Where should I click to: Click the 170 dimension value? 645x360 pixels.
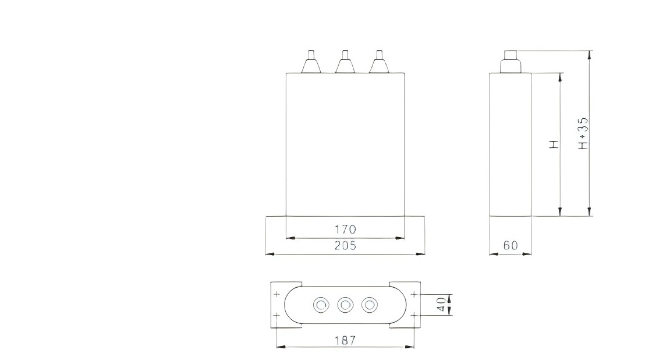pos(345,230)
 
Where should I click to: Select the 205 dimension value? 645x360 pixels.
pos(345,246)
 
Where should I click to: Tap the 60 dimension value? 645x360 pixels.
pos(510,246)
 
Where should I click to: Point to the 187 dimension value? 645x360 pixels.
pos(345,340)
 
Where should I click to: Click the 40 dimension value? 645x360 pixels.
pos(442,305)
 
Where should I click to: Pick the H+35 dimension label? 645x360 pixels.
pos(583,133)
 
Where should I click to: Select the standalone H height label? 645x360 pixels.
pos(554,144)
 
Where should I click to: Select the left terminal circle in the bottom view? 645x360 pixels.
pos(321,305)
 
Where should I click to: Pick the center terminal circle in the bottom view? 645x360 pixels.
pos(345,305)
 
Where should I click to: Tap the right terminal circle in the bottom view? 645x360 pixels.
pos(368,305)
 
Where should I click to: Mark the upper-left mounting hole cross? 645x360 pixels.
pos(277,294)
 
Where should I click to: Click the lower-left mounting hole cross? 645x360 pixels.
pos(277,315)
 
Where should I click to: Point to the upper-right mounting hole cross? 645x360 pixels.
pos(413,294)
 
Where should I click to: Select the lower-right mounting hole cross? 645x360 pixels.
pos(413,315)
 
